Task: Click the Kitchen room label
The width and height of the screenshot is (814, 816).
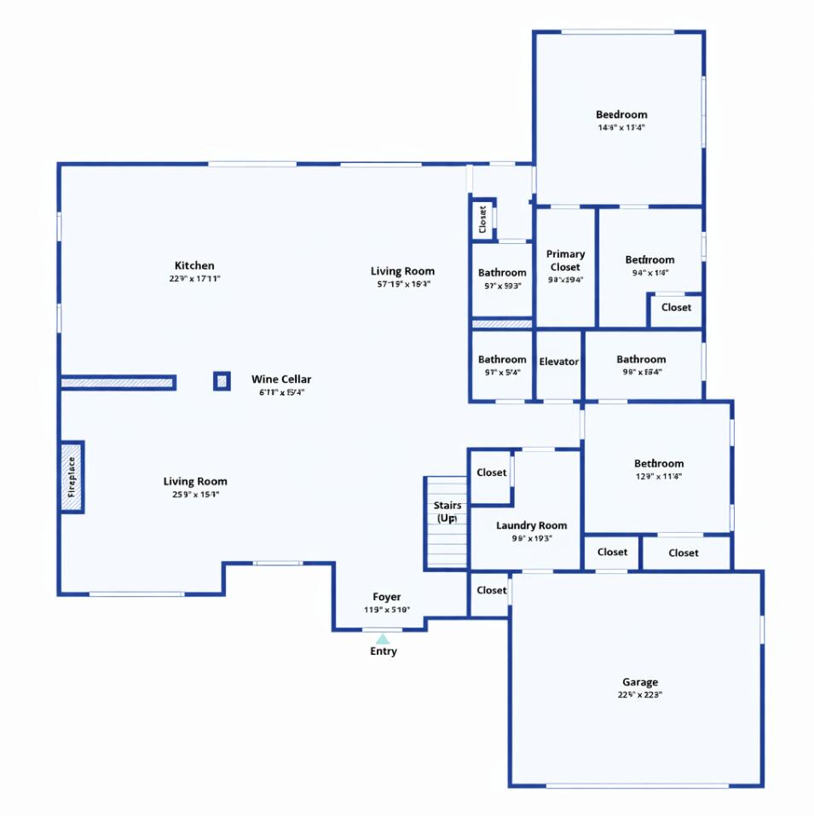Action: [194, 266]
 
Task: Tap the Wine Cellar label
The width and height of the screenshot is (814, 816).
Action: [281, 379]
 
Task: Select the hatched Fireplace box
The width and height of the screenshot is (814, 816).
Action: [72, 477]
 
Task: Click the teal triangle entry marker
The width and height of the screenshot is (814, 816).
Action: [383, 639]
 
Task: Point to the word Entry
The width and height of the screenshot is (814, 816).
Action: [383, 651]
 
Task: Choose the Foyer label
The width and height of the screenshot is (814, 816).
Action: [386, 597]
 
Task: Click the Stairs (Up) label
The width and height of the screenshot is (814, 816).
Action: [447, 512]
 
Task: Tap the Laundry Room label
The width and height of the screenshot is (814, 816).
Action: [531, 525]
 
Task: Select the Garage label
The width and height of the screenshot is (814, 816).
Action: [639, 682]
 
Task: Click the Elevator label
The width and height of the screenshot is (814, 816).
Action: [559, 362]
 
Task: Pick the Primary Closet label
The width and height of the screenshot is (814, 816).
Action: [566, 260]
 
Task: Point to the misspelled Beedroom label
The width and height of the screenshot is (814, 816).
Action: [621, 114]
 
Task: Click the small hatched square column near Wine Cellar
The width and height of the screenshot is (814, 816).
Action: [222, 381]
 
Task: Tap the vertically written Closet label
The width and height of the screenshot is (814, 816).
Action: [482, 220]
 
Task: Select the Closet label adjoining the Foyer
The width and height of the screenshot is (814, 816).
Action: [491, 590]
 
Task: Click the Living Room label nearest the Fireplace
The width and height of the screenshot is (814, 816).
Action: [195, 482]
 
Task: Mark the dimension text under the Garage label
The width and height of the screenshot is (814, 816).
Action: [639, 695]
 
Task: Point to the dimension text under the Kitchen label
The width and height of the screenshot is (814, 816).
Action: [194, 279]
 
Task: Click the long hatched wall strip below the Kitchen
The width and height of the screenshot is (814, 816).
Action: [118, 383]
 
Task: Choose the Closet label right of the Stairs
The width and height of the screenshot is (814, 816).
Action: [491, 472]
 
